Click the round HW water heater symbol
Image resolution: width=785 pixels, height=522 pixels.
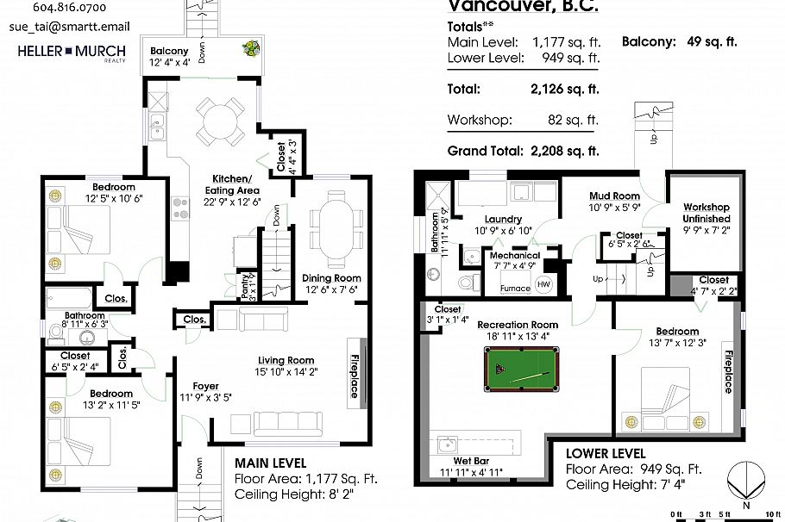point(543,284)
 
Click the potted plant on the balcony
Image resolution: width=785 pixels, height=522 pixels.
point(251,49)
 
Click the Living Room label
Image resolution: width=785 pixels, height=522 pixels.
point(286,360)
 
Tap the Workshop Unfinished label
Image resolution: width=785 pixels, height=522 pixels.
point(706,213)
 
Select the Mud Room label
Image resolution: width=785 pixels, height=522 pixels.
point(614,196)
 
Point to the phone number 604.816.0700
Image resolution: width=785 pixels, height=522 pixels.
point(69,7)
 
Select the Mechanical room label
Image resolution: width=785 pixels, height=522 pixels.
point(515,256)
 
